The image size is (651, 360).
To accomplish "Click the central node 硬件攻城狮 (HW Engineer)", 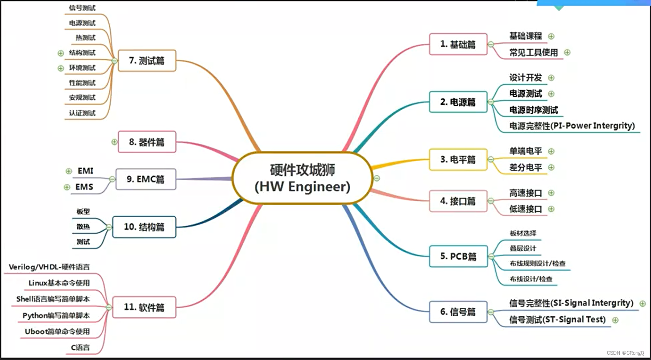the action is tap(303, 178).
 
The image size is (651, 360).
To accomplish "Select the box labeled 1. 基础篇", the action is tap(458, 44).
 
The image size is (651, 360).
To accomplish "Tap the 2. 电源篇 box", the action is tap(458, 102).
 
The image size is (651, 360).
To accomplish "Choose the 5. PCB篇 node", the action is tap(458, 257).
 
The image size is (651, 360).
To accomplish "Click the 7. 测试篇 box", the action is tap(147, 61).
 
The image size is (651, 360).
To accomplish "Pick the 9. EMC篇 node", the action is tap(145, 179).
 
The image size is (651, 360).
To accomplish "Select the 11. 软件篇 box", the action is tap(144, 307).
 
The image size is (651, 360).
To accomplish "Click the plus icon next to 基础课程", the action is tap(551, 36).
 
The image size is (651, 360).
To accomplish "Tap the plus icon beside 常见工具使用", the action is tap(567, 52).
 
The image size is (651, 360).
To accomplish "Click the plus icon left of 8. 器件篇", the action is tap(114, 142).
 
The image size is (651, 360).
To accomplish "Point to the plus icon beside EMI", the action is tap(68, 171).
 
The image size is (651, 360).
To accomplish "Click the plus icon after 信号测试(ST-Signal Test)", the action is tap(615, 320).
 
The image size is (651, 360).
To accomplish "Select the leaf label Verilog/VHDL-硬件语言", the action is tap(50, 267).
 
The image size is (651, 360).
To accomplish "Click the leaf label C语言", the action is tap(80, 347).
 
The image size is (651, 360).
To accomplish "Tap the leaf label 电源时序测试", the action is tap(534, 110).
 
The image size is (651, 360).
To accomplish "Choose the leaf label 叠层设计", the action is tap(523, 248).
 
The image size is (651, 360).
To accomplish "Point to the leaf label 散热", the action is tap(83, 227).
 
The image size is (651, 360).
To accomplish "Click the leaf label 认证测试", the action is tap(82, 113).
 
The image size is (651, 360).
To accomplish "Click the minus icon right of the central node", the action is tap(377, 178).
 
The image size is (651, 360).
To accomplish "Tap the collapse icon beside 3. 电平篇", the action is tap(491, 159).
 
